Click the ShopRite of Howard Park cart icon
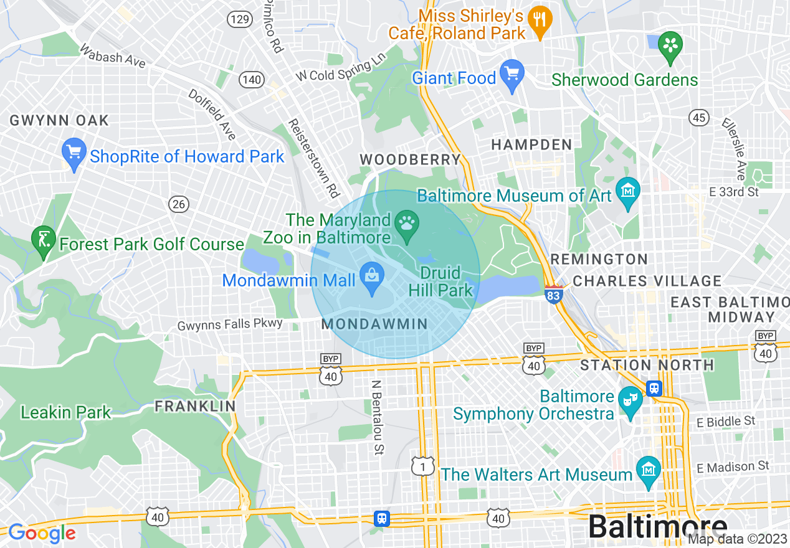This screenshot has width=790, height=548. pos(74,153)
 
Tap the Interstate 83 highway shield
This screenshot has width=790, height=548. pos(553,295)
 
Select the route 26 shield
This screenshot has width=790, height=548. pos(179,204)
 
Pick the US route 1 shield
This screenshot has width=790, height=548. pos(423,465)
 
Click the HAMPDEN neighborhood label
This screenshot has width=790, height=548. pos(531,144)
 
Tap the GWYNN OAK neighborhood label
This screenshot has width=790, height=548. pos(59,120)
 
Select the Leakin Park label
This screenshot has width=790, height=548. pos(65,412)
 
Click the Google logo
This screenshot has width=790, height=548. pos(42,533)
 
